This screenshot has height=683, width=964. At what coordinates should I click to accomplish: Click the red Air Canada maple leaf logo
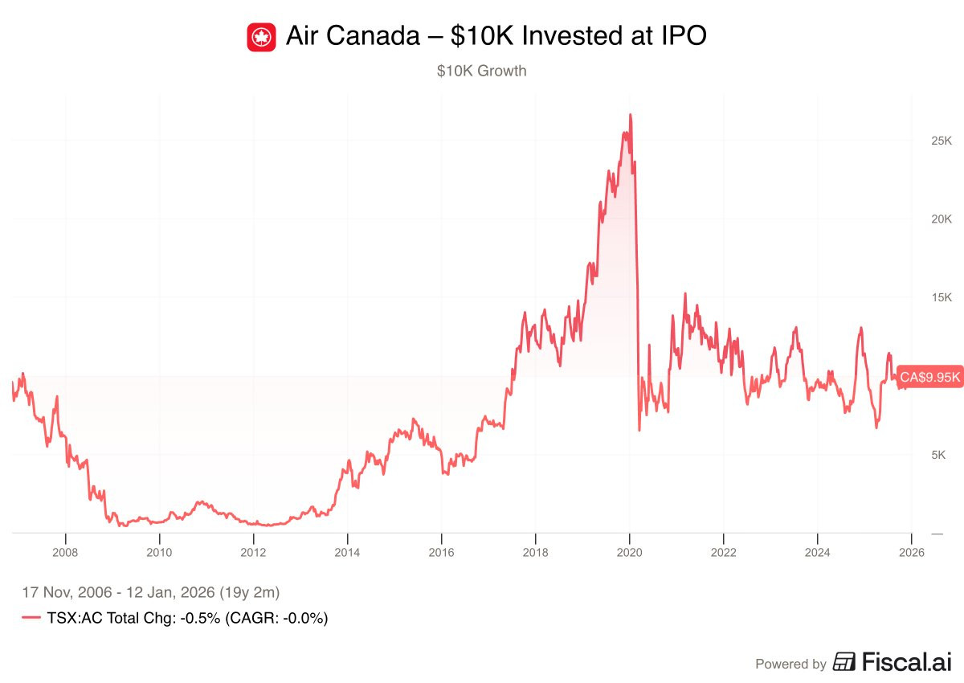pyautogui.click(x=261, y=37)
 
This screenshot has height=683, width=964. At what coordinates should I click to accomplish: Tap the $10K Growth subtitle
pyautogui.click(x=481, y=71)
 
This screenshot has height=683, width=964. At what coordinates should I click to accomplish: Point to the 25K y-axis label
pyautogui.click(x=936, y=141)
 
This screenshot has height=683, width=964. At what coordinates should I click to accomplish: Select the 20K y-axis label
pyautogui.click(x=936, y=219)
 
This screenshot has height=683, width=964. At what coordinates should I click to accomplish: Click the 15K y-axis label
pyautogui.click(x=936, y=297)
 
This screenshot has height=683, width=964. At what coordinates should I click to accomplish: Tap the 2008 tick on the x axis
pyautogui.click(x=65, y=552)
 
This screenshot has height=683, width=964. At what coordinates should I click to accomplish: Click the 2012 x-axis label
pyautogui.click(x=253, y=552)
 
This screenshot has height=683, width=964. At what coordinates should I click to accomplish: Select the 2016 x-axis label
pyautogui.click(x=441, y=552)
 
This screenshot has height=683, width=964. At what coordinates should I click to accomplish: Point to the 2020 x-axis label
pyautogui.click(x=629, y=552)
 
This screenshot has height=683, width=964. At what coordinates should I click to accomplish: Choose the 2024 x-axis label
pyautogui.click(x=817, y=552)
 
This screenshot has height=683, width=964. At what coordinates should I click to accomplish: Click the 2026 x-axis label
pyautogui.click(x=911, y=552)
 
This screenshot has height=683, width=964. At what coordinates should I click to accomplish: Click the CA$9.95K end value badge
pyautogui.click(x=929, y=377)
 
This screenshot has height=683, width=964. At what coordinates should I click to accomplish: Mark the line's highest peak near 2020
pyautogui.click(x=631, y=115)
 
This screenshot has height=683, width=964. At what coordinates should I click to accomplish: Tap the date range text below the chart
pyautogui.click(x=150, y=593)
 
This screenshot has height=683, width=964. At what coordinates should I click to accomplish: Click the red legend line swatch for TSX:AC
pyautogui.click(x=31, y=618)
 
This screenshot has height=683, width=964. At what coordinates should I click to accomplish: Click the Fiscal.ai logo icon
pyautogui.click(x=844, y=662)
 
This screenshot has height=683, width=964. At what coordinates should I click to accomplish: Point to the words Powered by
pyautogui.click(x=790, y=664)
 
